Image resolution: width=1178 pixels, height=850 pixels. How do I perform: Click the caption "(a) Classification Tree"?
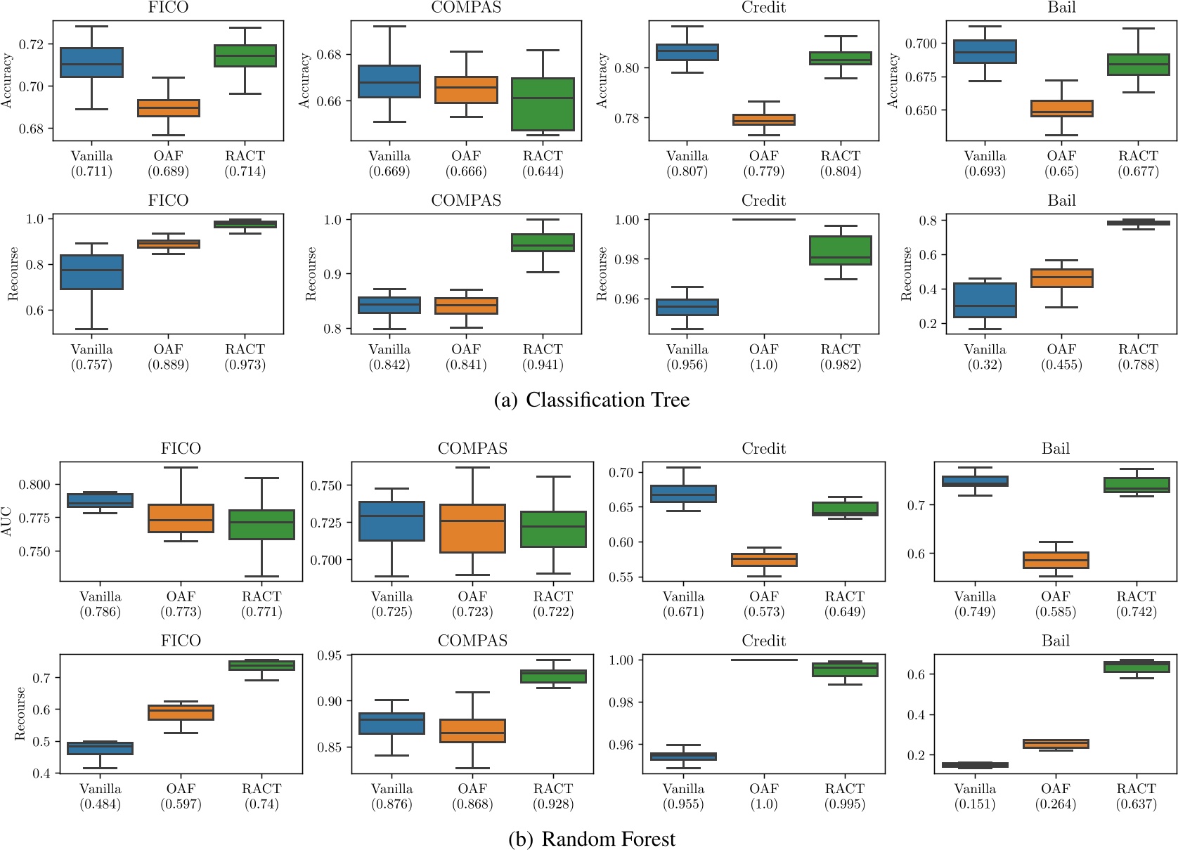(x=592, y=400)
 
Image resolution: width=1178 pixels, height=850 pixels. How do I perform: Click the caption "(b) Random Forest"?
(x=592, y=839)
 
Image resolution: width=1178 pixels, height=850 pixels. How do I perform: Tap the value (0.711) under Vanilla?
(x=91, y=171)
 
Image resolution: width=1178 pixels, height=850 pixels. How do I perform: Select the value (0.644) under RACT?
(x=543, y=171)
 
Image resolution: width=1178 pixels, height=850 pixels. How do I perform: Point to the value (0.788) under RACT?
(x=1138, y=365)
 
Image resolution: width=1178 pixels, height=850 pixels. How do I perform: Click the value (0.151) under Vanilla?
(x=975, y=804)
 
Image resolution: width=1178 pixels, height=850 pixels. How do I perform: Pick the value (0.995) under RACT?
(x=844, y=804)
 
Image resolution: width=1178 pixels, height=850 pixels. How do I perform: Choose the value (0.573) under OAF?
(x=764, y=612)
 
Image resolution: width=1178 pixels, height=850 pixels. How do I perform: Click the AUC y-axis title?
(x=7, y=521)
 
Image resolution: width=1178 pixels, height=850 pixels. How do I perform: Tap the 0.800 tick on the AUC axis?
(x=35, y=485)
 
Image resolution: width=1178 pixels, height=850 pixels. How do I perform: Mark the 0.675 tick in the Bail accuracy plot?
(x=921, y=77)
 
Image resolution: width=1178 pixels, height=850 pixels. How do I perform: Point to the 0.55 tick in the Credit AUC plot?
(x=621, y=577)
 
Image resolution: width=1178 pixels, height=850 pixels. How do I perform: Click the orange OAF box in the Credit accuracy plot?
(x=764, y=119)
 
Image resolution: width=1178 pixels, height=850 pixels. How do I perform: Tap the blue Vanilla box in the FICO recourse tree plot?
(x=91, y=272)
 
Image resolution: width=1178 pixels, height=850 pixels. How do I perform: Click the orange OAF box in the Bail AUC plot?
(x=1056, y=560)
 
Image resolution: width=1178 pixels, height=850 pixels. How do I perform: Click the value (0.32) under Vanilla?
(x=985, y=365)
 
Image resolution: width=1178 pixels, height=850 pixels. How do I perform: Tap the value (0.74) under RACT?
(x=261, y=804)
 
